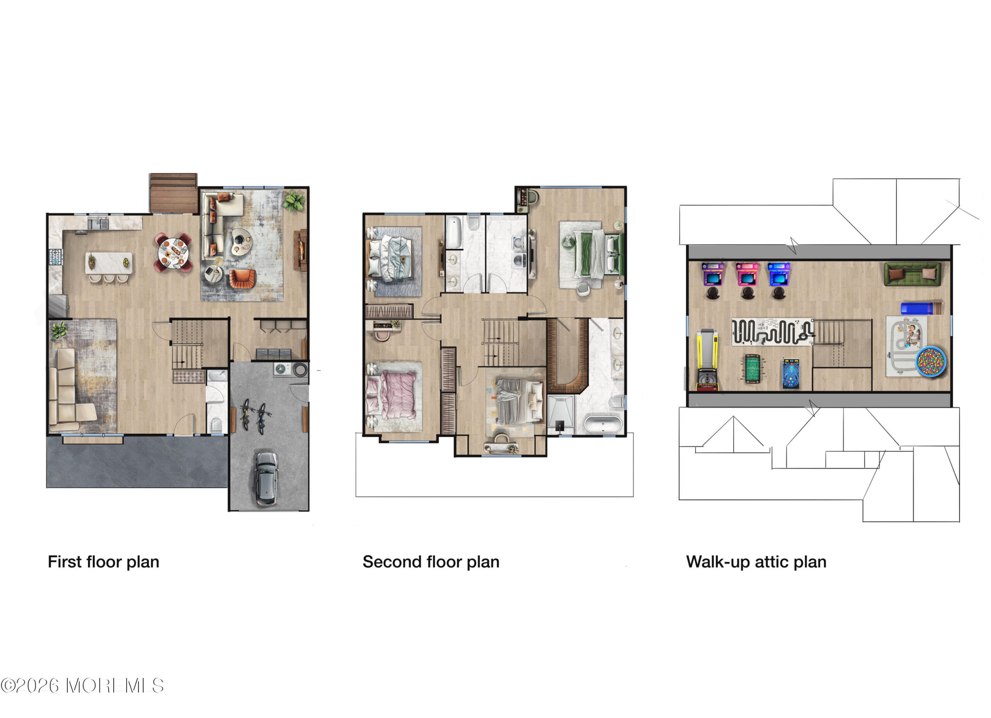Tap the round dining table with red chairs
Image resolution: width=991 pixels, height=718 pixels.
click(173, 253)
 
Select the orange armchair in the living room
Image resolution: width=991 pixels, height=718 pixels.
click(242, 278)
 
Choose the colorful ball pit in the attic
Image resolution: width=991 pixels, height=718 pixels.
click(930, 361)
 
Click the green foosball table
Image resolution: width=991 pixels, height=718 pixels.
click(751, 369)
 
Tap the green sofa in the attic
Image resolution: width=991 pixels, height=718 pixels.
click(912, 274)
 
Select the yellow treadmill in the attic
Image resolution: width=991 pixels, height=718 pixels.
click(707, 360)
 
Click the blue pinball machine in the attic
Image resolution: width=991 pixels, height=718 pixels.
click(790, 374)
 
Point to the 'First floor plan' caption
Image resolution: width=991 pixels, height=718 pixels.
click(104, 562)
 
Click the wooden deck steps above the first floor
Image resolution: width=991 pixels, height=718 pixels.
click(173, 193)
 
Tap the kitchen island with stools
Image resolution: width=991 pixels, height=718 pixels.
click(108, 266)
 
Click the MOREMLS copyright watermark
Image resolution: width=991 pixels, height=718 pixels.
click(82, 685)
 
